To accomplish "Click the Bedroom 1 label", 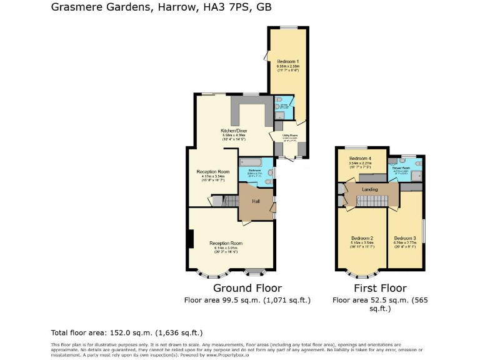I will pos(287,61).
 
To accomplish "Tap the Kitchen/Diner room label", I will pos(234,130).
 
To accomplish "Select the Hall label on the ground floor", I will pos(256,201).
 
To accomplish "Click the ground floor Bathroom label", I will pos(254,170).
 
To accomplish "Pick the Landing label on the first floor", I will pos(369,189).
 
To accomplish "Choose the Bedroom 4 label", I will pos(360,158).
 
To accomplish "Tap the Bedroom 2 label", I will pos(362,238).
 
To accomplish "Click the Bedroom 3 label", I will pos(405,238).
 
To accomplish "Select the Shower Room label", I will pos(401,167).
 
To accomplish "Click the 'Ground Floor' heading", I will pos(247,288).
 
